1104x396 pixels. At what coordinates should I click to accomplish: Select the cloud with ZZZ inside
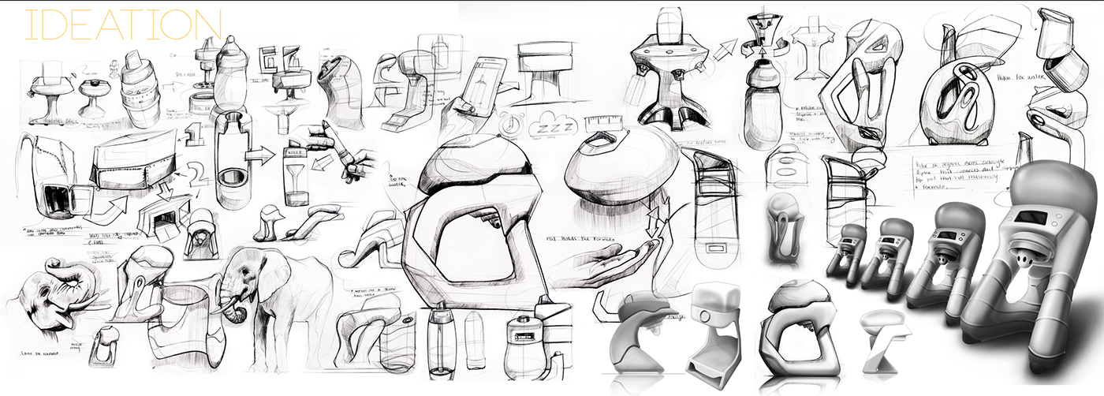554,125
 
